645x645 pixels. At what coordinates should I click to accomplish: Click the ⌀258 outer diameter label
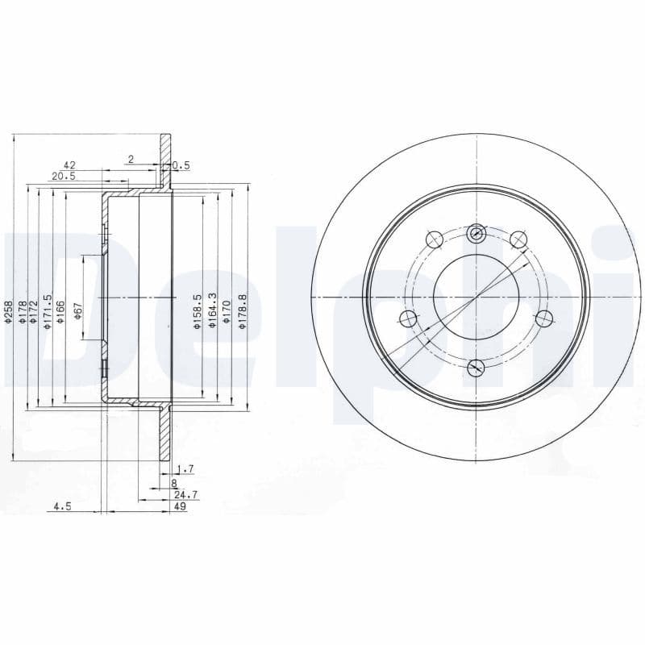(x=8, y=312)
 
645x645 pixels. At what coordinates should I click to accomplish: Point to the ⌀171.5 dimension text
(x=48, y=311)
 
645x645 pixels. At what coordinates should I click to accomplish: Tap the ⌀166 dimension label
(x=60, y=311)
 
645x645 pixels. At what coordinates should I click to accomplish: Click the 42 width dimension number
(x=69, y=164)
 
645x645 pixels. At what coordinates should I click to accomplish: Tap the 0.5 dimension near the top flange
(x=181, y=165)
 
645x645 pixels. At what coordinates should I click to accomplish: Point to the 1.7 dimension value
(x=185, y=468)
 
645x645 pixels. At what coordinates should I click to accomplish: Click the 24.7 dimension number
(x=185, y=494)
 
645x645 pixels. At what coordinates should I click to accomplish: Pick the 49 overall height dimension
(x=181, y=506)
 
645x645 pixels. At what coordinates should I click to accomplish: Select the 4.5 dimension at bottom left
(x=63, y=506)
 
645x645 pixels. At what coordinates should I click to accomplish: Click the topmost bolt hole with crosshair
(x=476, y=233)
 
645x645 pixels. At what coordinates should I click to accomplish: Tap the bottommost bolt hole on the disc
(x=476, y=368)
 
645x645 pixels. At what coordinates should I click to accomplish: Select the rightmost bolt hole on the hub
(x=544, y=318)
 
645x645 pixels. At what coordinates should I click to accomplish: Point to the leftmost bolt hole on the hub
(x=409, y=318)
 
